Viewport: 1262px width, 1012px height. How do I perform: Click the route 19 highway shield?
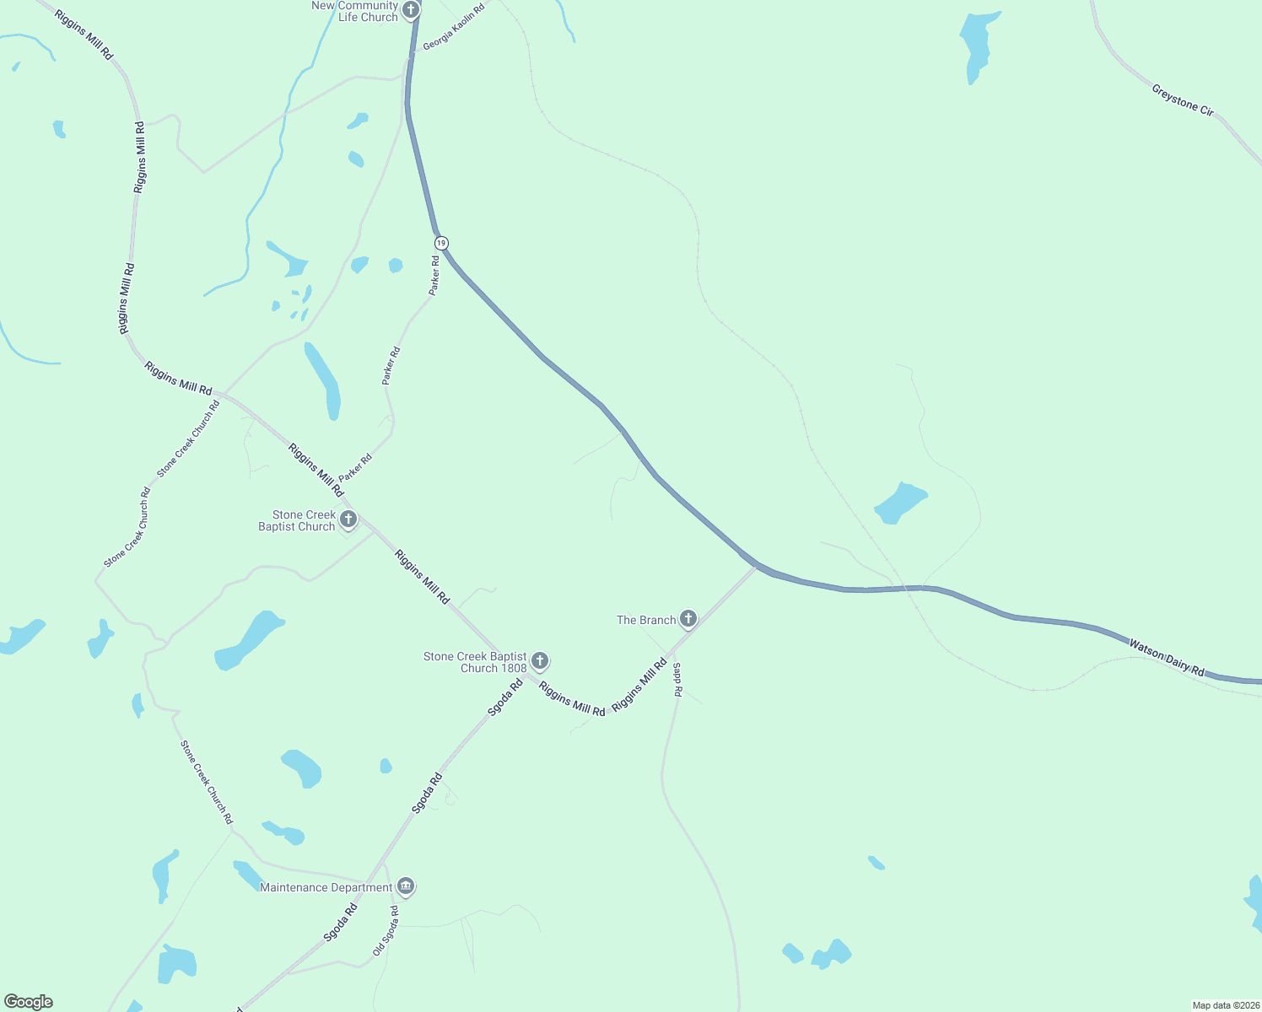441,243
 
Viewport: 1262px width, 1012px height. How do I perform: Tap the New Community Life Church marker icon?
411,10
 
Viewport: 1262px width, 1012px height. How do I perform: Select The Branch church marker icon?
688,620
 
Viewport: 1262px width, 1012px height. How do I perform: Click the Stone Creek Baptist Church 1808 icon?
540,661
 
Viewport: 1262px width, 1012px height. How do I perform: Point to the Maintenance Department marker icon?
406,886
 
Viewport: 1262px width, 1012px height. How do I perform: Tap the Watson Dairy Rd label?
1167,658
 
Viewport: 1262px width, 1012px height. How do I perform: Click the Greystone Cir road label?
1183,100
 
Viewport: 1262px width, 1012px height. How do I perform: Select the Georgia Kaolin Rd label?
454,27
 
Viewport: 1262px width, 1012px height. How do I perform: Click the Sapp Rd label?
677,679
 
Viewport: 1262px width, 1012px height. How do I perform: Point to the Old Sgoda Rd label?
386,931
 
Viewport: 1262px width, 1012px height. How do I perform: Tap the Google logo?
29,1002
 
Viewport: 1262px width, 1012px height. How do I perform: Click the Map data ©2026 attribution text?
1225,1005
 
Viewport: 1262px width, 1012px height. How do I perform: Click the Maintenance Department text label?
326,887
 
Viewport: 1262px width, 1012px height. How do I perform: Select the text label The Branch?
646,620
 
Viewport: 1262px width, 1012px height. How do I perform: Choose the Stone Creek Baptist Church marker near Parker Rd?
348,519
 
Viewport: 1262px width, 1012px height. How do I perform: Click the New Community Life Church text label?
355,11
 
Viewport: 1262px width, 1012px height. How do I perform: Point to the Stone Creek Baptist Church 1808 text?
475,662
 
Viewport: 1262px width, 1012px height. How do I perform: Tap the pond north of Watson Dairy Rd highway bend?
901,503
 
